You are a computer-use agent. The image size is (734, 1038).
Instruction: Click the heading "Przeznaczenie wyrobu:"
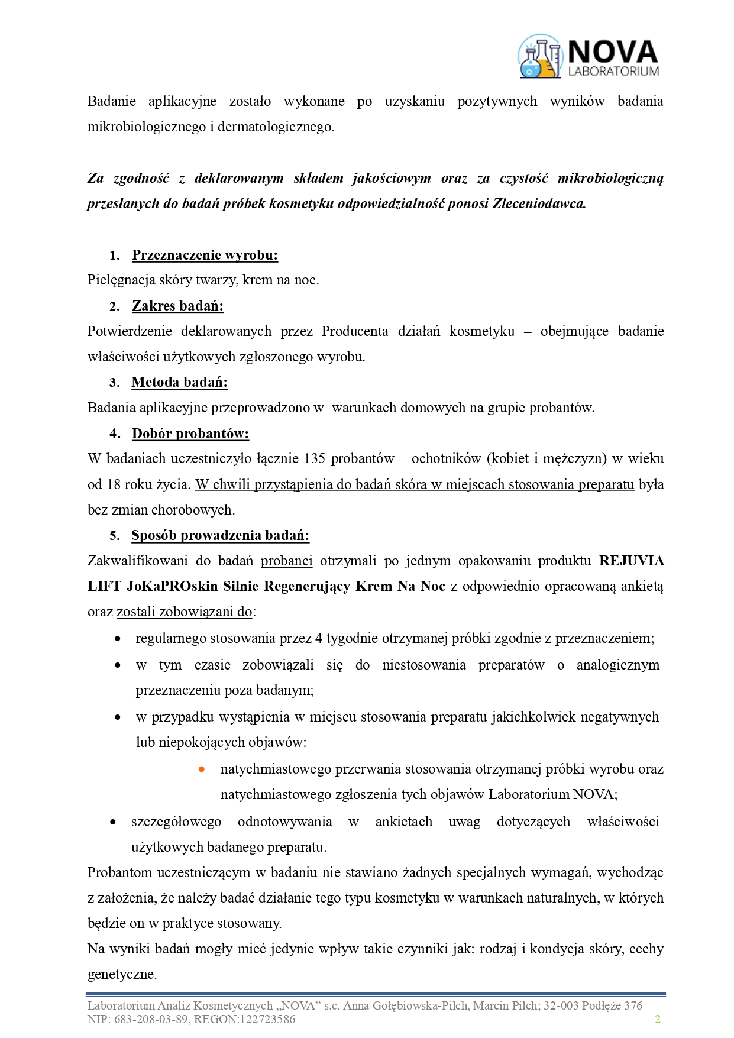point(205,255)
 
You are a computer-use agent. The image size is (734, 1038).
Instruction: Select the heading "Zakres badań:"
point(177,306)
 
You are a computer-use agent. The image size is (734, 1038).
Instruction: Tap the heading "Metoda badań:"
point(179,382)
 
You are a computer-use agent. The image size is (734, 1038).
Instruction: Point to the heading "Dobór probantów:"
point(190,434)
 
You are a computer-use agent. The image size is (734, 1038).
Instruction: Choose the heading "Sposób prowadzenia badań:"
point(220,535)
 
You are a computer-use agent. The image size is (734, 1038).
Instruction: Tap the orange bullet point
point(202,769)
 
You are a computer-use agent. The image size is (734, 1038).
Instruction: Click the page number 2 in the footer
point(657,1019)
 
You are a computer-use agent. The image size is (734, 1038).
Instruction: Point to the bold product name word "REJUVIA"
point(631,561)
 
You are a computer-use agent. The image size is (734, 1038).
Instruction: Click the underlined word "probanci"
point(286,561)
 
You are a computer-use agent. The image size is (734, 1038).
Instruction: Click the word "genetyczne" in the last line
point(121,974)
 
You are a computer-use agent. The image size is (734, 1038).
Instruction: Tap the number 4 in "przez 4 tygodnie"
point(319,638)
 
